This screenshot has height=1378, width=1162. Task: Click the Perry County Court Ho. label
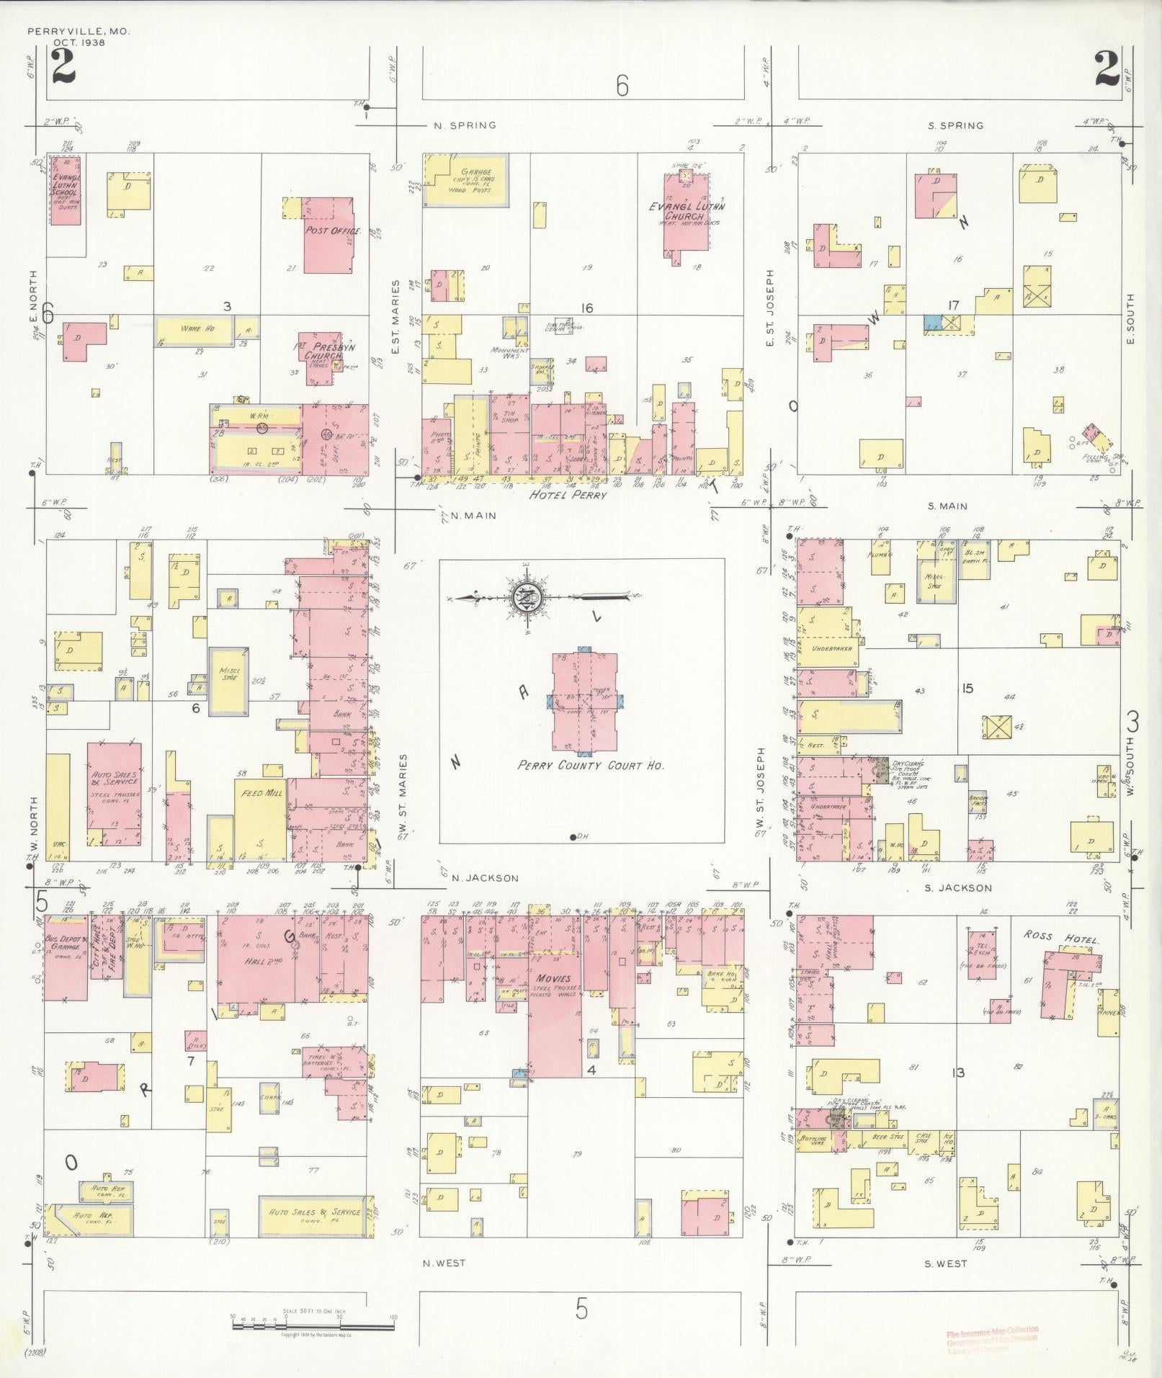[591, 766]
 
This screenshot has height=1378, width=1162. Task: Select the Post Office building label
[328, 231]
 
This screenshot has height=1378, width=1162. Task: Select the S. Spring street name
[955, 125]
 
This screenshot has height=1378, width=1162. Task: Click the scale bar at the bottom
[313, 1316]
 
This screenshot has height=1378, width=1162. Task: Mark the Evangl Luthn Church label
[686, 211]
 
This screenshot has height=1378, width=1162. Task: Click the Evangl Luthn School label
[66, 189]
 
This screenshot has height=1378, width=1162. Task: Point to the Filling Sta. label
[1097, 457]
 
